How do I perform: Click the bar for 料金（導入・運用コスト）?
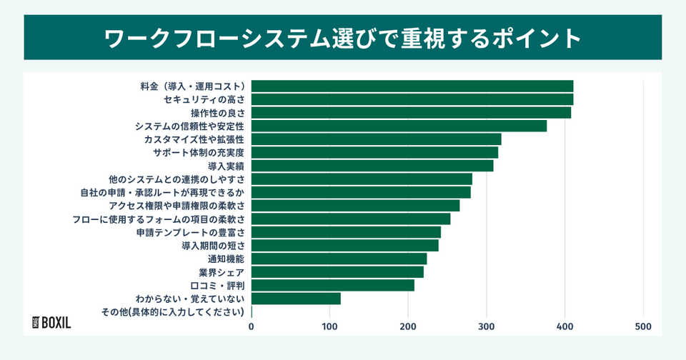tap(412, 86)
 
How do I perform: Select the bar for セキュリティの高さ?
tap(412, 99)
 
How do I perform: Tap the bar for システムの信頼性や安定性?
tap(399, 126)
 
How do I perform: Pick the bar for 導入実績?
tap(372, 166)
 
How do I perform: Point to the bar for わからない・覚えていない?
tap(296, 299)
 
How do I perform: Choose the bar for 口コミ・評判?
tap(333, 286)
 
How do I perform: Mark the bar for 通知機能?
tap(339, 259)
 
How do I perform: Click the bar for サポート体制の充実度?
tap(374, 153)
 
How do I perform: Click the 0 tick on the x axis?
tap(252, 327)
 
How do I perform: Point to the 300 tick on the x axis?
tap(487, 327)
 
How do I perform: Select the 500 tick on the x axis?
tap(643, 327)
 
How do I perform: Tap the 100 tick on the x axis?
tap(330, 327)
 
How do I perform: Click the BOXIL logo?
tap(52, 321)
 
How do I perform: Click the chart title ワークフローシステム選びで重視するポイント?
tap(343, 36)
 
